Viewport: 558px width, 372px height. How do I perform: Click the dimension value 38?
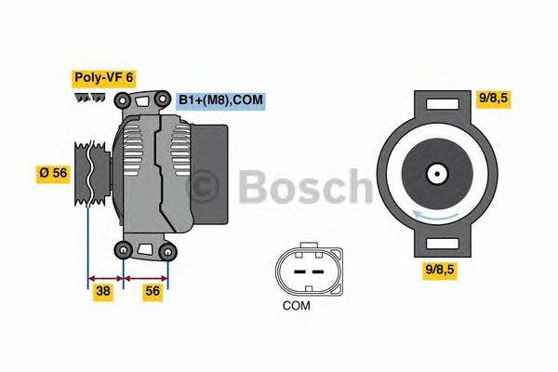coord(104,291)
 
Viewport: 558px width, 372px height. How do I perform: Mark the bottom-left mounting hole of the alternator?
coord(124,247)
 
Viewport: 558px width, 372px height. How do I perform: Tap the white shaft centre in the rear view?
coord(435,174)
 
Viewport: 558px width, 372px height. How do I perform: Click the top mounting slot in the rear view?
coord(435,109)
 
